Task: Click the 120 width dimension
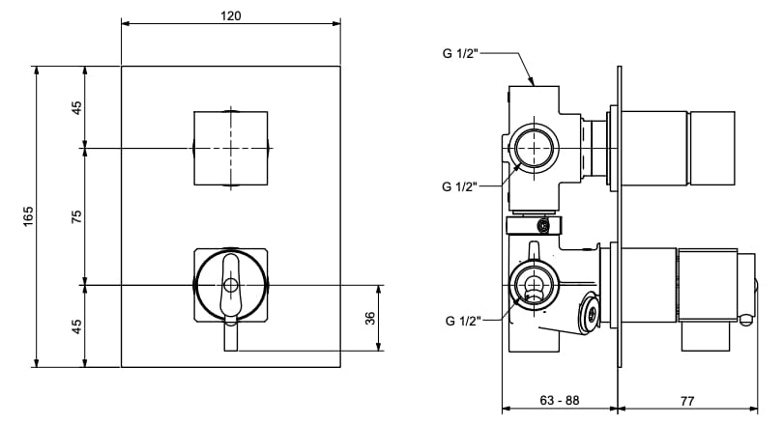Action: click(230, 15)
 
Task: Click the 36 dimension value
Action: click(370, 319)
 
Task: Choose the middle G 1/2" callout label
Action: click(460, 186)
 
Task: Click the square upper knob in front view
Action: click(230, 148)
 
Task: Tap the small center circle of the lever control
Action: click(230, 285)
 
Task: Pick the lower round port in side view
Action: click(531, 286)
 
